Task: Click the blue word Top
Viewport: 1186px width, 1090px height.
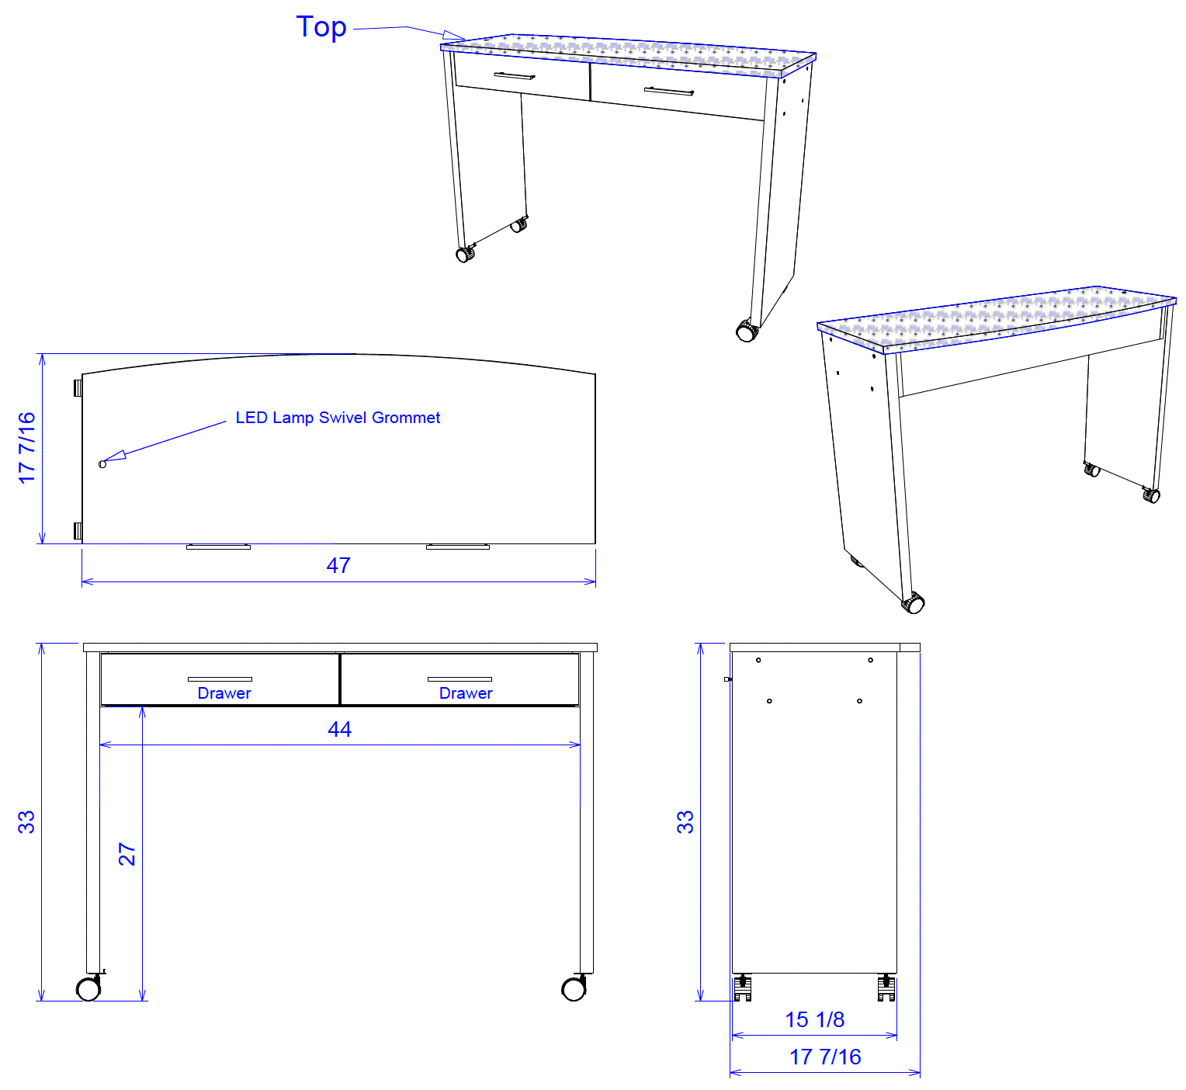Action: coord(321,28)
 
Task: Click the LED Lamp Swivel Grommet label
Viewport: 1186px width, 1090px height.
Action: coord(338,418)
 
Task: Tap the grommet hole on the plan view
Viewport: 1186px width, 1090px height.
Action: coord(102,464)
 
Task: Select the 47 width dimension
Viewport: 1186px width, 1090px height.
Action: coord(338,565)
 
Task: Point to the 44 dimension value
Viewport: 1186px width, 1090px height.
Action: coord(339,729)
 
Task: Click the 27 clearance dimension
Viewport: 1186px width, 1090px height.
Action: coord(127,854)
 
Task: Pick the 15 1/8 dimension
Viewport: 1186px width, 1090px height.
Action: coord(814,1019)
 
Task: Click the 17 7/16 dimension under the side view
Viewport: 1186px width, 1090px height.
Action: coord(825,1057)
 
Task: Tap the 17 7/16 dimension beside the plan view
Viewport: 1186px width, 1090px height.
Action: coord(26,448)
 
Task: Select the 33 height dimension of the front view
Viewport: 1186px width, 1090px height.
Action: coord(26,822)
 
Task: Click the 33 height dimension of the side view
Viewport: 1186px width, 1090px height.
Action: coord(685,822)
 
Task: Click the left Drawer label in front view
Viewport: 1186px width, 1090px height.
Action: coord(224,693)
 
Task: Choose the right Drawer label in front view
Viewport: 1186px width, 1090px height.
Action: coord(465,693)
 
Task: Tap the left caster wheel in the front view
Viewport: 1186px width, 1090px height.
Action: coord(88,988)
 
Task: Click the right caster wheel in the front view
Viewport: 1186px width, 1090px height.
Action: coord(574,988)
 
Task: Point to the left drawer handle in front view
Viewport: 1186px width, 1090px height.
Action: coord(220,679)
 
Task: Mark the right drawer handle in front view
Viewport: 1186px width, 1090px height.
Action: coord(460,679)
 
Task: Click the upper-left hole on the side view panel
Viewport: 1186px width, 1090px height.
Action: coord(758,660)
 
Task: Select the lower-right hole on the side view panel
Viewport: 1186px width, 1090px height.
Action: coord(859,701)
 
